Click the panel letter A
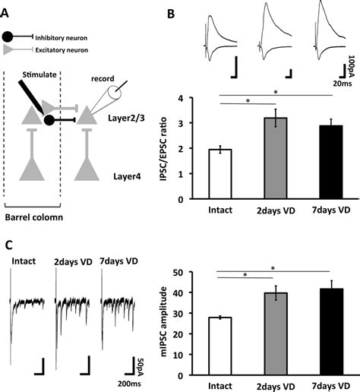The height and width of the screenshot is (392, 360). (7, 9)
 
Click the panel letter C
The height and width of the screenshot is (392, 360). (8, 245)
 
